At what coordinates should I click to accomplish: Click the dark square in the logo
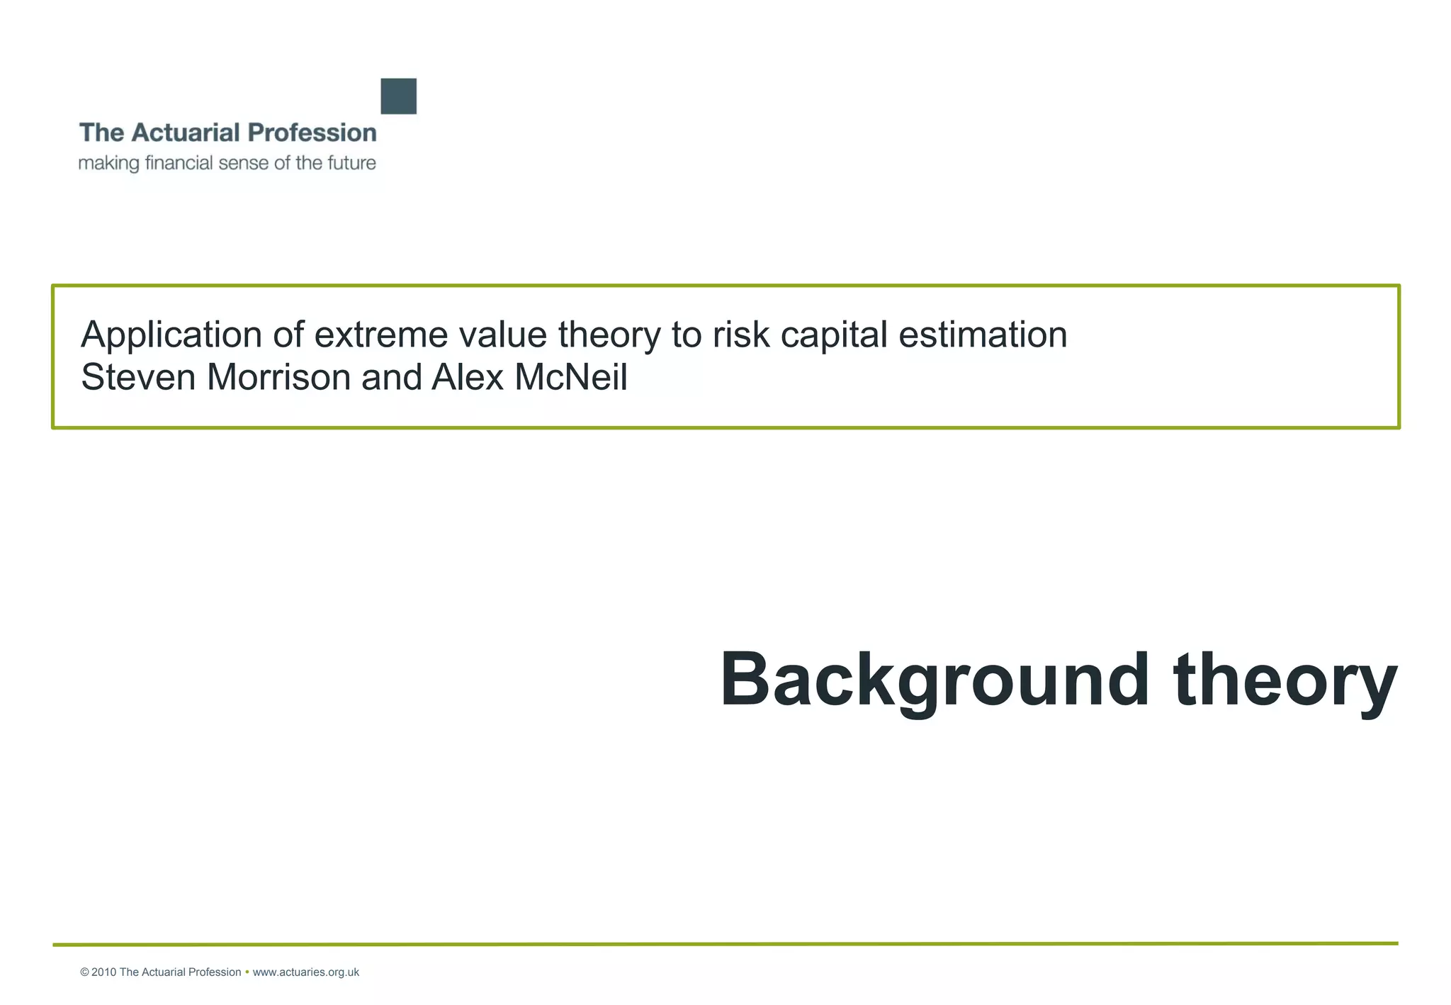(398, 96)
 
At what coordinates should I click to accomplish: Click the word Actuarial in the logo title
(185, 133)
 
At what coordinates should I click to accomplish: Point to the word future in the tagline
(352, 163)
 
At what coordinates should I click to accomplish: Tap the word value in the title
(502, 335)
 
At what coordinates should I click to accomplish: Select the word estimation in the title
(983, 335)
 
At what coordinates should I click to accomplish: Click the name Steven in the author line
(138, 377)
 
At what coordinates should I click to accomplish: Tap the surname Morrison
(278, 377)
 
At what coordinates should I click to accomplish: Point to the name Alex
(467, 377)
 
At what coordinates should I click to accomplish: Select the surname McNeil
(571, 377)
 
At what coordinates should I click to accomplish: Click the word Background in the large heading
(934, 680)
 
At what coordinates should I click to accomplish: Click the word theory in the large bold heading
(1285, 680)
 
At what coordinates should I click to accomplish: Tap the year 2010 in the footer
(103, 972)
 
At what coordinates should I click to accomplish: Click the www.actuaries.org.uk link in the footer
(305, 972)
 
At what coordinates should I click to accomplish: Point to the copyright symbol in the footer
(84, 972)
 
